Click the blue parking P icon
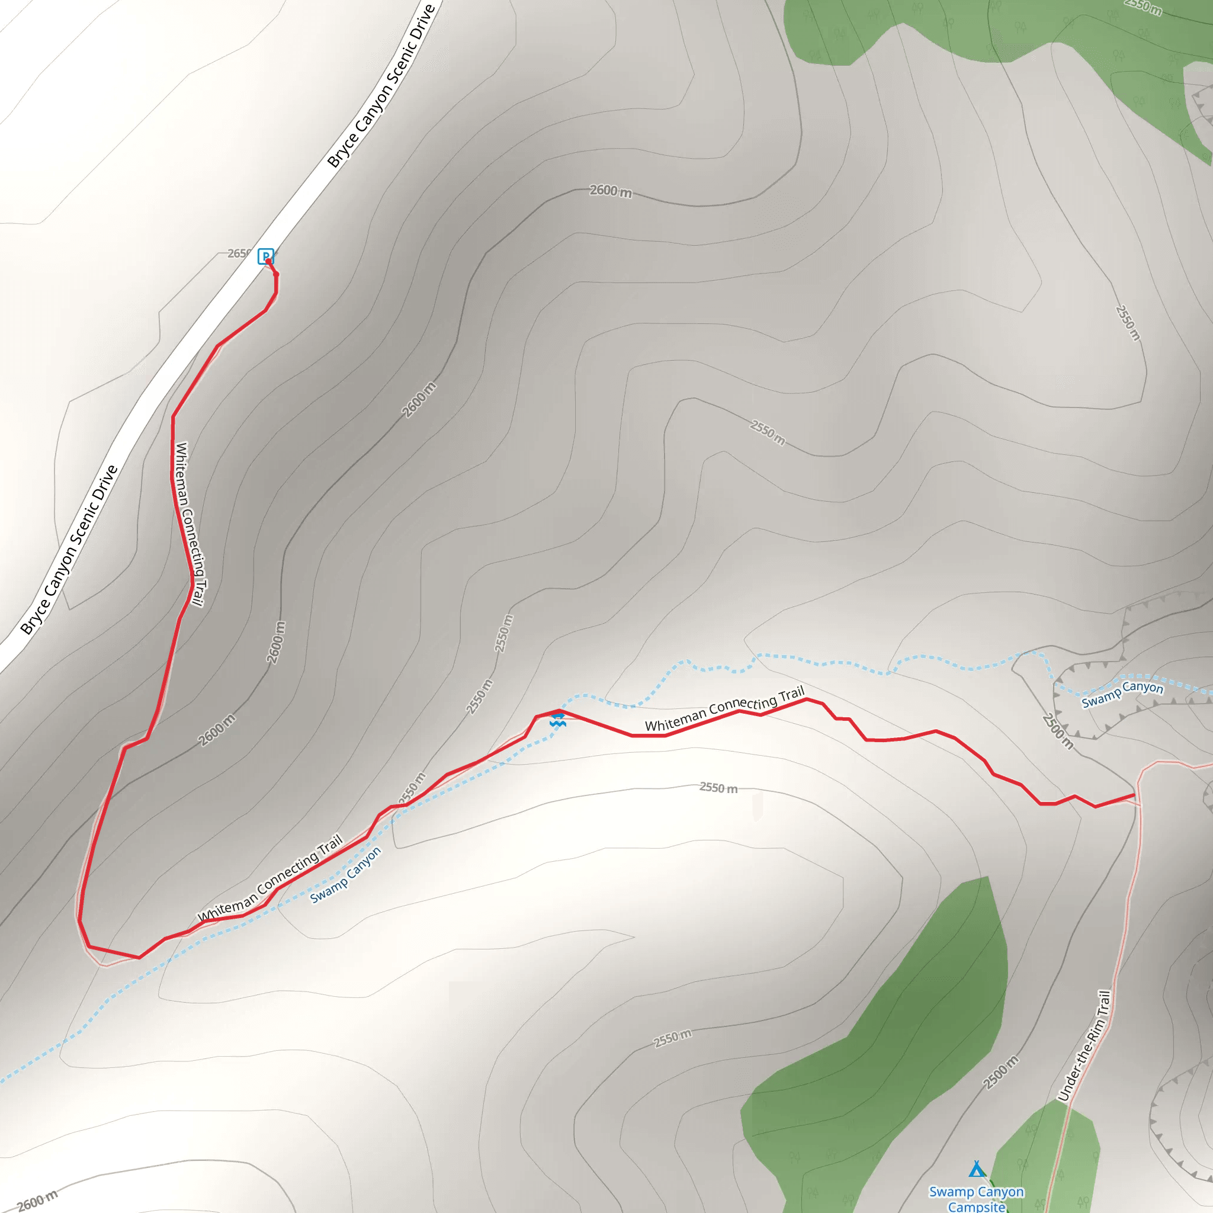[x=265, y=255]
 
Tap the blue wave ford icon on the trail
[x=557, y=721]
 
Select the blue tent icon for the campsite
[x=975, y=1169]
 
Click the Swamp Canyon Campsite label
[x=976, y=1199]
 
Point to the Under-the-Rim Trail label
[x=1084, y=1045]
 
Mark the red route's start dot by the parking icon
[x=269, y=261]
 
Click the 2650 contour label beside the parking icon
[x=239, y=253]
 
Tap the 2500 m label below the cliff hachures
[x=1057, y=731]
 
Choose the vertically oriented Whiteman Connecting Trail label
[x=190, y=524]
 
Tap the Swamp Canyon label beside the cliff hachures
[x=1122, y=694]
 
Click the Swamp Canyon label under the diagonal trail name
[x=345, y=875]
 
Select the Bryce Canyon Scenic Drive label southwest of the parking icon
[x=69, y=550]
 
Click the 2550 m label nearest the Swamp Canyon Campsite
[x=672, y=1038]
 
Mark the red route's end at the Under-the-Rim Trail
[x=1134, y=795]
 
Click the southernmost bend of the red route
[x=139, y=958]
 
